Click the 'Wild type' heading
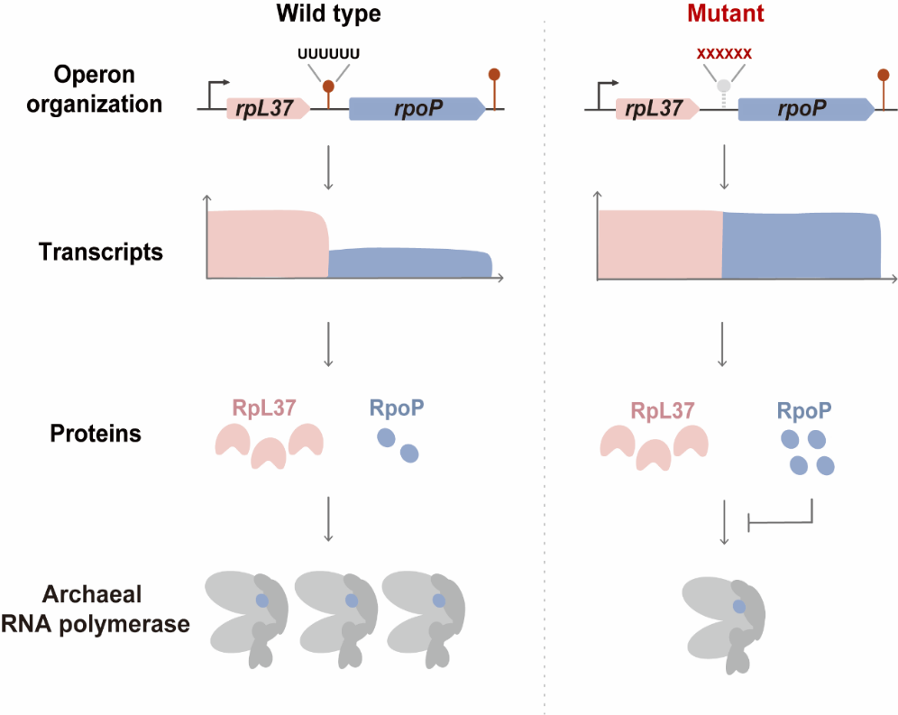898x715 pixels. tap(329, 15)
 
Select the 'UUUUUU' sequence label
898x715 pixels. tap(329, 53)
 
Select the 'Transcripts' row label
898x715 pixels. tap(101, 252)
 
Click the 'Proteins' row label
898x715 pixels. tap(96, 433)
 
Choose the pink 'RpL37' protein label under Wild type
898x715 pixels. tap(268, 408)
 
